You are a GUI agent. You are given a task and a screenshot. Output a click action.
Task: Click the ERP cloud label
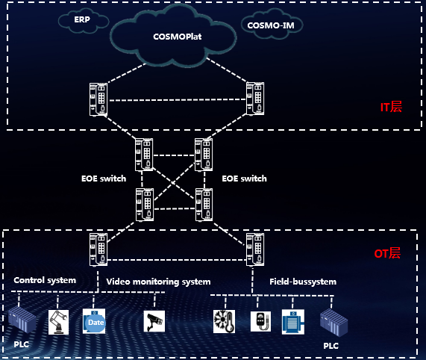[x=82, y=19]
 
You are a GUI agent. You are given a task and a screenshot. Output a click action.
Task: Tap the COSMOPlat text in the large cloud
[x=177, y=37]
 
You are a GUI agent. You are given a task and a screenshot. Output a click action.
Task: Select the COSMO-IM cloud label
[x=271, y=25]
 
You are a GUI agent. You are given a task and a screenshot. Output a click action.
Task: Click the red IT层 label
[x=391, y=107]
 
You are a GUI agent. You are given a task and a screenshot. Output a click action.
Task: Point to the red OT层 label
[x=387, y=253]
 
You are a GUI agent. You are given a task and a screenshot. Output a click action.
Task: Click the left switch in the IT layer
[x=98, y=99]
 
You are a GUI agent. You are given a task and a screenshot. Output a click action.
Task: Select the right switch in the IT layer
[x=255, y=99]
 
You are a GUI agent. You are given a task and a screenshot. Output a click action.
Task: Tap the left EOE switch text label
[x=104, y=179]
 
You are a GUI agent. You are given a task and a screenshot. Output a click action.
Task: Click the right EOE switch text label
[x=244, y=179]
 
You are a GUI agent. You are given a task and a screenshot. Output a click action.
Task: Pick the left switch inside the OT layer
[x=98, y=249]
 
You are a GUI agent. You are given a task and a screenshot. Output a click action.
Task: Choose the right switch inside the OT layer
[x=255, y=249]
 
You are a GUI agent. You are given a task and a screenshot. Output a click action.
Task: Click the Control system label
[x=45, y=280]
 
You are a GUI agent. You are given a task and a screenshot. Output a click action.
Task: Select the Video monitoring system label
[x=158, y=282]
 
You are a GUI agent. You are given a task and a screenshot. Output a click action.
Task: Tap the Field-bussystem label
[x=303, y=282]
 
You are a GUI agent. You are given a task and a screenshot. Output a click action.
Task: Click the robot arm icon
[x=58, y=322]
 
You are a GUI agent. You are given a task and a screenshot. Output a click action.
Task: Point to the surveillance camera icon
[x=154, y=321]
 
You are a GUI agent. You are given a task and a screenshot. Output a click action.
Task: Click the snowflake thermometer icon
[x=224, y=321]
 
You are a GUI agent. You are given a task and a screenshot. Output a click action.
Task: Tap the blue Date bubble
[x=96, y=323]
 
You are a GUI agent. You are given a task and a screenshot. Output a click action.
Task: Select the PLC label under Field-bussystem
[x=331, y=346]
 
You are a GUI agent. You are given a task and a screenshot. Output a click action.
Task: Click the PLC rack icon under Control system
[x=22, y=320]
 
